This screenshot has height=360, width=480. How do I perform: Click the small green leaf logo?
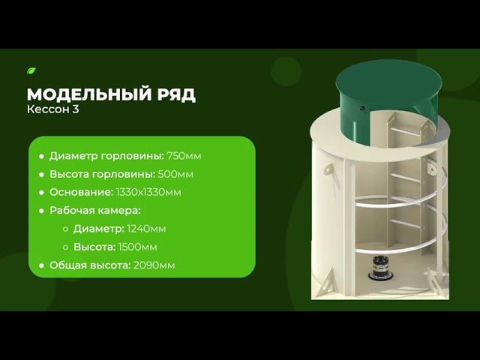click(x=31, y=71)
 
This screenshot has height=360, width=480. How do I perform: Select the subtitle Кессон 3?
click(x=52, y=110)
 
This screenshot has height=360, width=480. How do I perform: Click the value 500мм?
click(x=175, y=174)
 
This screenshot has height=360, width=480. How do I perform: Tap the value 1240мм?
click(x=146, y=228)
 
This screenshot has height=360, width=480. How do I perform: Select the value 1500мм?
click(x=139, y=247)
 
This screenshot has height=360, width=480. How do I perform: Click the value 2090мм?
click(x=155, y=265)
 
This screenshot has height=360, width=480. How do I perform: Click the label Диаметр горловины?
click(x=106, y=156)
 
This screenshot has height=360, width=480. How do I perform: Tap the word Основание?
click(x=82, y=192)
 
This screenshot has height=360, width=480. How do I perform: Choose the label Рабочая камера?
click(x=95, y=210)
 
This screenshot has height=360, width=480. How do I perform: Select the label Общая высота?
click(x=89, y=265)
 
